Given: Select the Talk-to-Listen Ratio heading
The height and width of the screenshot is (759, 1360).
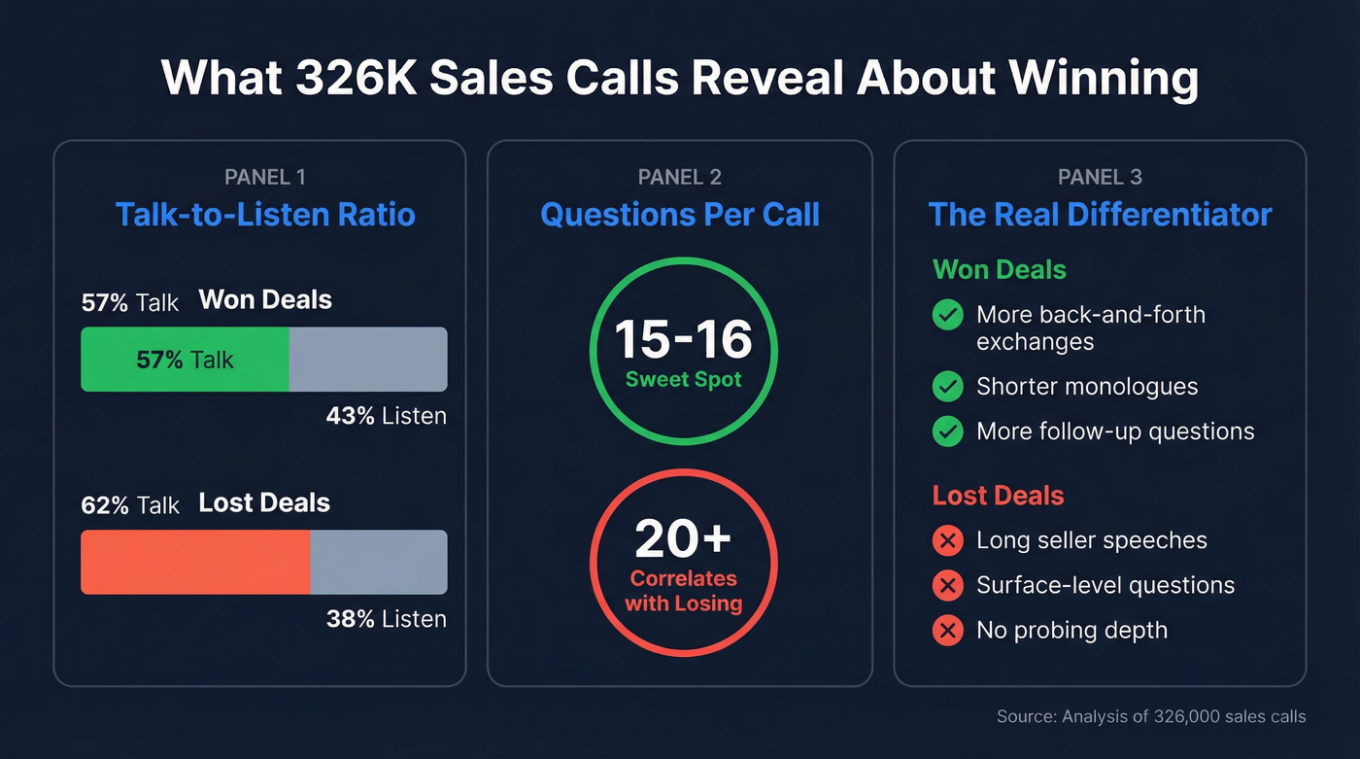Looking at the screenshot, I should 265,214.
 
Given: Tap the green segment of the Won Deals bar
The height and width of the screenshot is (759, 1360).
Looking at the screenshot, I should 185,360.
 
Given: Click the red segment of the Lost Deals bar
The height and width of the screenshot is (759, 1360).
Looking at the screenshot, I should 195,562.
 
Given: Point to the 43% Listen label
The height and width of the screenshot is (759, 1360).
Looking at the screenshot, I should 387,416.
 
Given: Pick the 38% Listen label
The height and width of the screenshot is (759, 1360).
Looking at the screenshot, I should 387,619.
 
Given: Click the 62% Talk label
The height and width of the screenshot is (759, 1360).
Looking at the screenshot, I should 130,505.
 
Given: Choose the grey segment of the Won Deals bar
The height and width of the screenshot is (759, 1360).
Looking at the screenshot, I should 368,360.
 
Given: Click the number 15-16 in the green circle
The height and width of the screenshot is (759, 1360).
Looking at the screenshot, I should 684,339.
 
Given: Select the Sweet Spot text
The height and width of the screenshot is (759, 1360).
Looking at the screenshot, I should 684,379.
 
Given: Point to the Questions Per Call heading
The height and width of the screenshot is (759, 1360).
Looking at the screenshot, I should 680,214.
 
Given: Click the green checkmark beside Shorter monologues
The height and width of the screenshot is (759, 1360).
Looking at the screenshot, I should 947,387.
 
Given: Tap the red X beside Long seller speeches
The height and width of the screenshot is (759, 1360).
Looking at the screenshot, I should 947,540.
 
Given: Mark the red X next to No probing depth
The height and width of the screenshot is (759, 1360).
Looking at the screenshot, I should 947,631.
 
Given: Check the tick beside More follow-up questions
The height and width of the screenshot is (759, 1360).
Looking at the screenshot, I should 947,431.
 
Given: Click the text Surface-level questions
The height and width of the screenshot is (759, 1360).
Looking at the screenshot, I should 1105,585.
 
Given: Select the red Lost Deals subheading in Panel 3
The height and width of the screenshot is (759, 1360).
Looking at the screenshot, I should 998,496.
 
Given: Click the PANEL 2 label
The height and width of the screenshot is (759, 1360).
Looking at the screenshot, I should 680,177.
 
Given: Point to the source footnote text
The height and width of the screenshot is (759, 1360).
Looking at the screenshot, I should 1151,717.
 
